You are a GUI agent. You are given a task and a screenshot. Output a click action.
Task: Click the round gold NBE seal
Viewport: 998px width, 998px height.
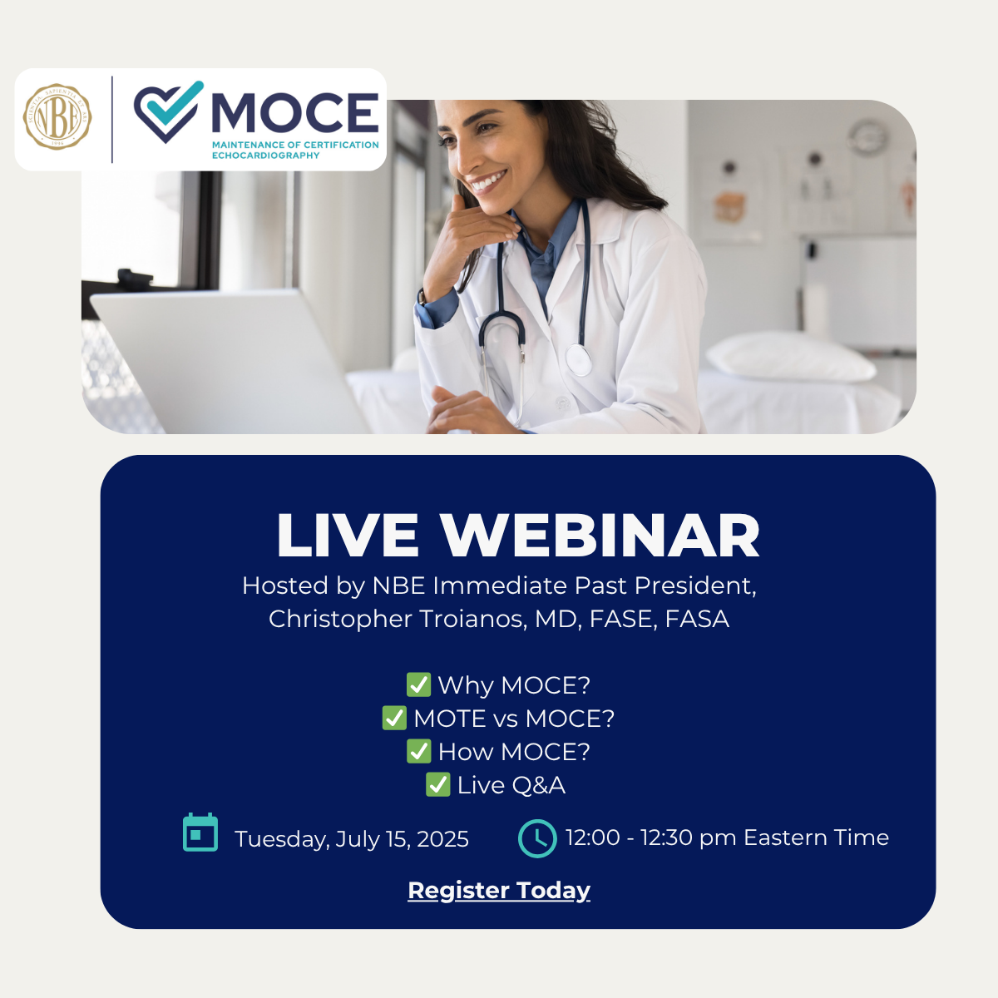point(57,117)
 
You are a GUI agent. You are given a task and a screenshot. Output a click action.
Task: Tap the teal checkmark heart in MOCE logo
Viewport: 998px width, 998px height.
point(168,111)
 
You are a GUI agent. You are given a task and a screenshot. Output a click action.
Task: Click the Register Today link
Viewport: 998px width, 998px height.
point(499,890)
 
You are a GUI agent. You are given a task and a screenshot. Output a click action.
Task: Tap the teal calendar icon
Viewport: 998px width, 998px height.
point(200,832)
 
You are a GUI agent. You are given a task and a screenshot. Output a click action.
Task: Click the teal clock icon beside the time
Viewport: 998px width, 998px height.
point(537,838)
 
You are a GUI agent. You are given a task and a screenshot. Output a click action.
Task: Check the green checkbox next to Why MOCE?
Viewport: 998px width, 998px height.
point(418,684)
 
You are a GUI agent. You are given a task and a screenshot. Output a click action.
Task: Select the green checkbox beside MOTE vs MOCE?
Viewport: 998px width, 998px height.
point(394,718)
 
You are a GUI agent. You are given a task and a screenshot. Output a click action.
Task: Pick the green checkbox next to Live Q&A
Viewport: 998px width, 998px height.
point(437,784)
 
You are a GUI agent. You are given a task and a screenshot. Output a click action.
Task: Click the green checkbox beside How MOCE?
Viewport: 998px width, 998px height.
point(418,752)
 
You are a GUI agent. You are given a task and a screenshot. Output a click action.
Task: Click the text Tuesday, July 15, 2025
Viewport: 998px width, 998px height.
point(352,839)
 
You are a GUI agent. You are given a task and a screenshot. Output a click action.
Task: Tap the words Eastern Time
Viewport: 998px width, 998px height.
point(816,837)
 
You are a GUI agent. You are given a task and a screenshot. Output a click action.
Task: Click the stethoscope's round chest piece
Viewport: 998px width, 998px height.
point(578,358)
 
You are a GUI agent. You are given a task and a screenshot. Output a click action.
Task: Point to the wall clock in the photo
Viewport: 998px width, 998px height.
point(868,136)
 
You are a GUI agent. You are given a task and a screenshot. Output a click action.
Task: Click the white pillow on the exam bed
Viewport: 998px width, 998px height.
point(790,357)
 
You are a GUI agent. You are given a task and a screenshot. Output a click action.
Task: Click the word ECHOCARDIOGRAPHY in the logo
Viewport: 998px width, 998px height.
point(265,156)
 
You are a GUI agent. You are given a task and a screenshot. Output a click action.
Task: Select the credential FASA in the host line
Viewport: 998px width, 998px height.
point(697,619)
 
